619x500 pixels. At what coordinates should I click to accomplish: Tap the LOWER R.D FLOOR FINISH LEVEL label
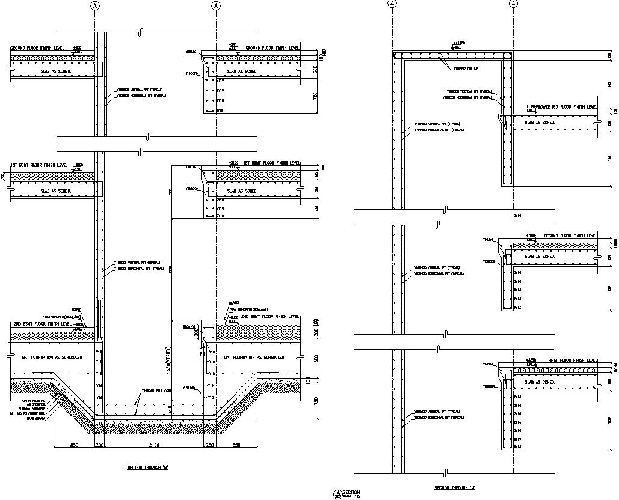[568, 107]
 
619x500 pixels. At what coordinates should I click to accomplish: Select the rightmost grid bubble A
[514, 4]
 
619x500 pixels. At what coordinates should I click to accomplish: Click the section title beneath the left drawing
[147, 468]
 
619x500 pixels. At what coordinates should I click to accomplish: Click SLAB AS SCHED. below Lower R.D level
[540, 123]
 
